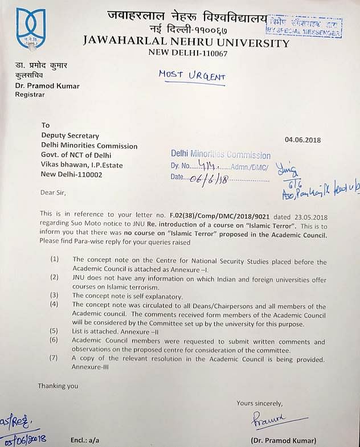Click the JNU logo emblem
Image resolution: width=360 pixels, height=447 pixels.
click(31, 28)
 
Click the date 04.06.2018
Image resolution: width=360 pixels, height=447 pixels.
click(303, 140)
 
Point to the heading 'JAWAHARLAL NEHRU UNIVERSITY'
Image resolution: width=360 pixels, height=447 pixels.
click(186, 42)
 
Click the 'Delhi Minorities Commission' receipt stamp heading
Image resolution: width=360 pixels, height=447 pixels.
click(221, 155)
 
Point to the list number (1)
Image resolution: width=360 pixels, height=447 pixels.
click(54, 260)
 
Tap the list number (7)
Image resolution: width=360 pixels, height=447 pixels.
click(54, 359)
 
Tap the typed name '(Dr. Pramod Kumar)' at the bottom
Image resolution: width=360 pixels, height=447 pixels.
click(284, 440)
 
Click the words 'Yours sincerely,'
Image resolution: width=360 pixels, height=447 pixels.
click(260, 403)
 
